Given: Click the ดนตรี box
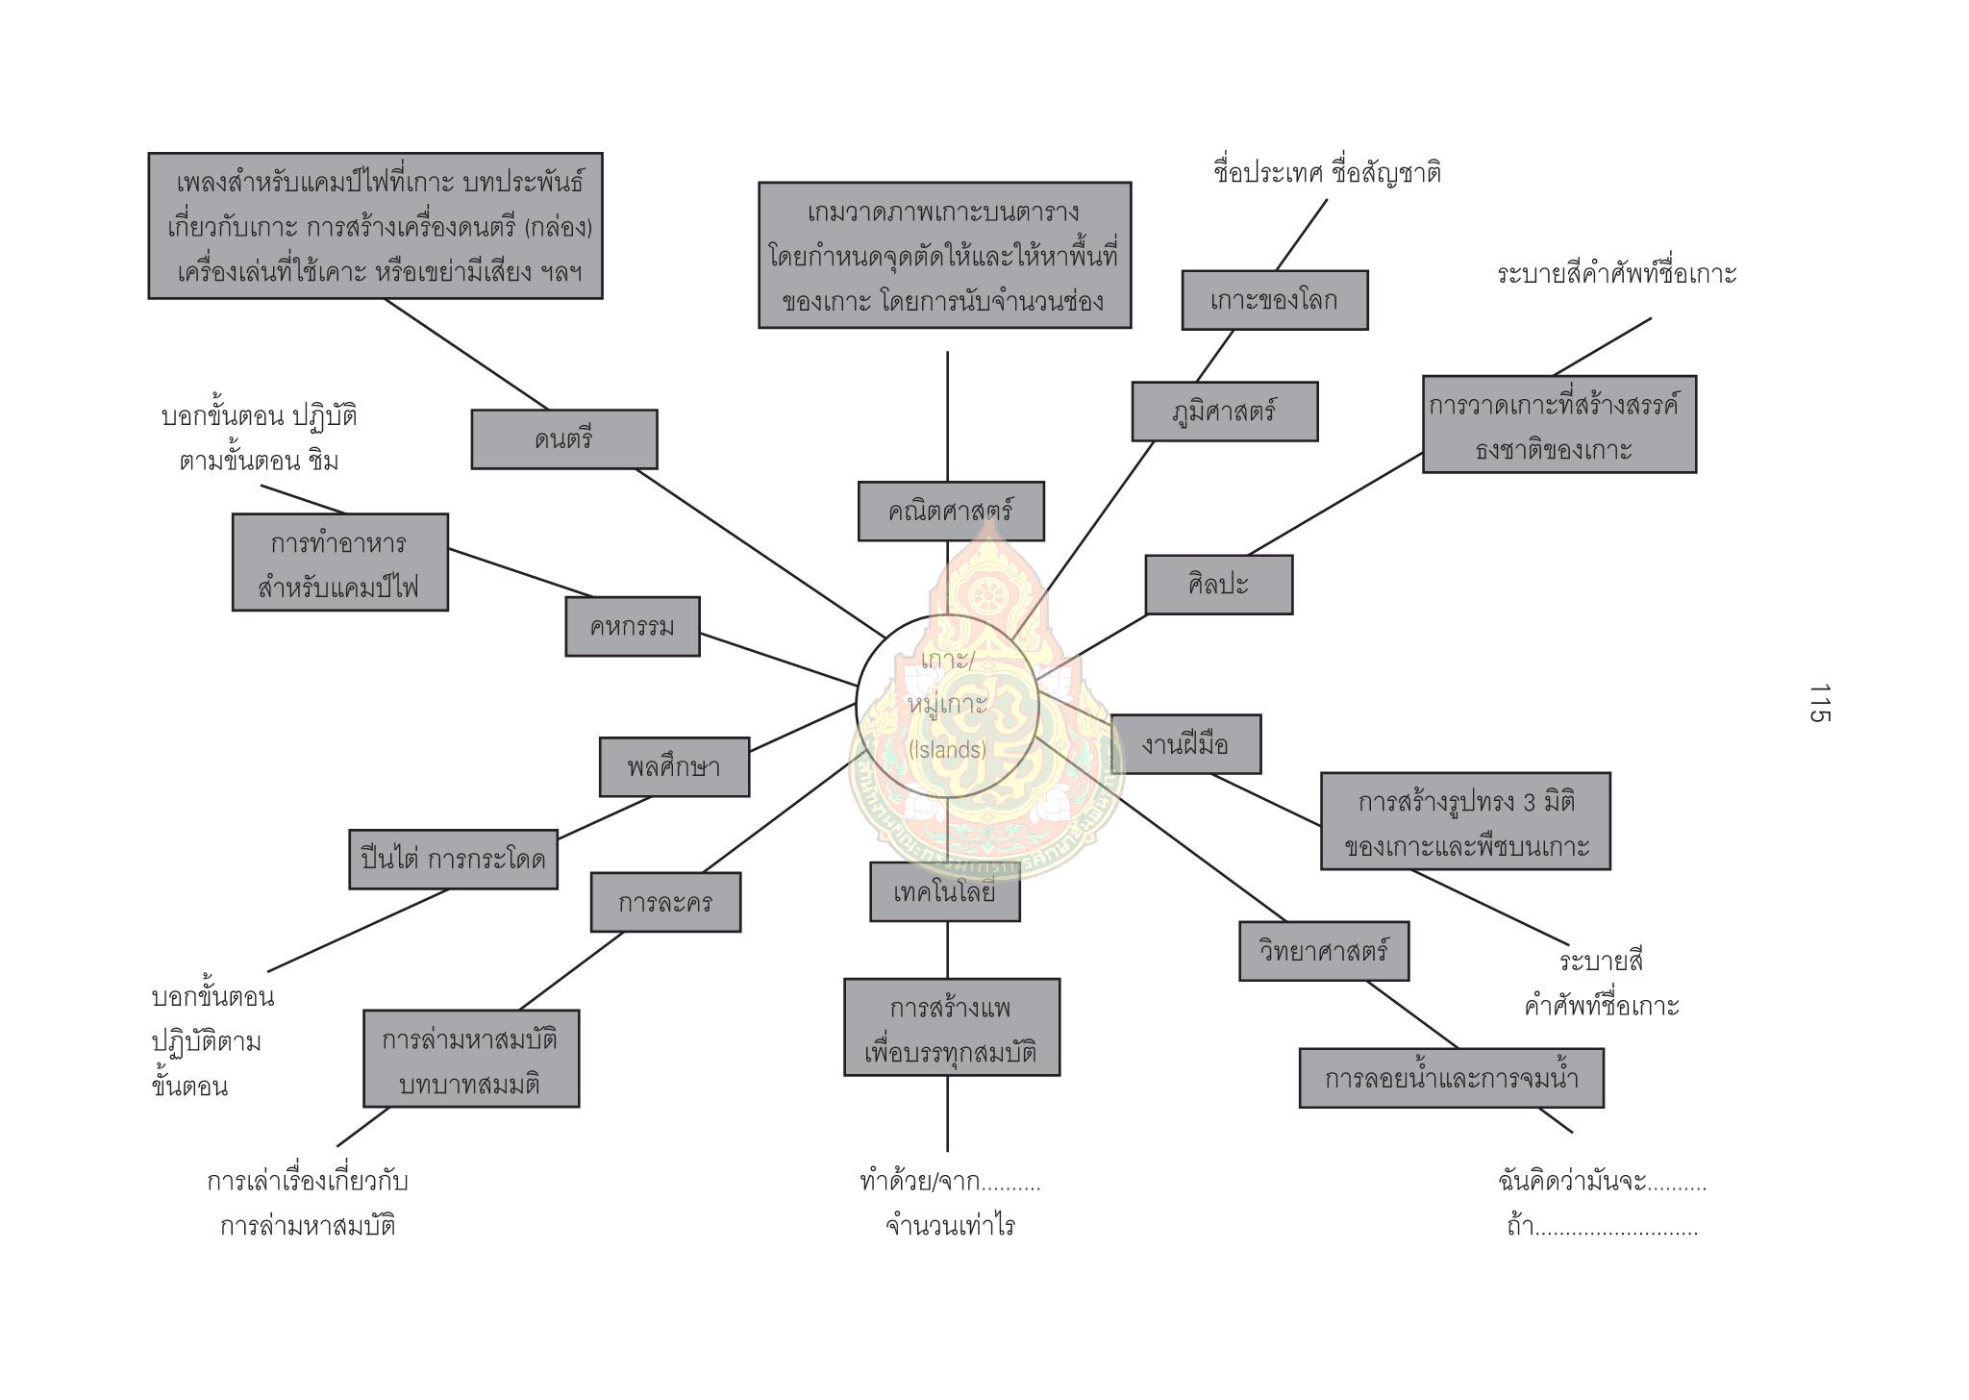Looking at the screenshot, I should [563, 439].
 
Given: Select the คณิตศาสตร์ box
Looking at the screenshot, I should [950, 511].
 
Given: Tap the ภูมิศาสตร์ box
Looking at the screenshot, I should [1224, 412].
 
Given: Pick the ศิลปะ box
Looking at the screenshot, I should [1218, 585].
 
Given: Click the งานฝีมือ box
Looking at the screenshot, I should [1184, 744].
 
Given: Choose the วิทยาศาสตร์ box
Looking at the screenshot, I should [1323, 951].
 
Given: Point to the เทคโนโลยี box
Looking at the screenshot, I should [944, 892].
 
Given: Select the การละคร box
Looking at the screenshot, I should [665, 902].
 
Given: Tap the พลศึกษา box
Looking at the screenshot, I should [673, 767].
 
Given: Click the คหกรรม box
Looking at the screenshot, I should [632, 627].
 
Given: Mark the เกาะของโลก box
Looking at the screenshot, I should [1274, 300].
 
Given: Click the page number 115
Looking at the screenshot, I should [1819, 703].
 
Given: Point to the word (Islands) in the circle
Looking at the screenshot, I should [947, 750].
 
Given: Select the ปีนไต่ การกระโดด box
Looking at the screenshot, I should [453, 859].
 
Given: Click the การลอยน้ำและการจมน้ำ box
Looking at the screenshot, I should [1451, 1078].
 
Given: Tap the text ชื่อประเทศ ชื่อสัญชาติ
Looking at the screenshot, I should [1327, 174].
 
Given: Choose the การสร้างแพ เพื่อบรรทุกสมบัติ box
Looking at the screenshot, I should [951, 1027].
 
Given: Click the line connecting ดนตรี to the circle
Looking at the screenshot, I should [760, 553].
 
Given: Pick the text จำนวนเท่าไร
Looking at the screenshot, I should [950, 1226].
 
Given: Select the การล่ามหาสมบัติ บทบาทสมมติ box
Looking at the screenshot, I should [470, 1059].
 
